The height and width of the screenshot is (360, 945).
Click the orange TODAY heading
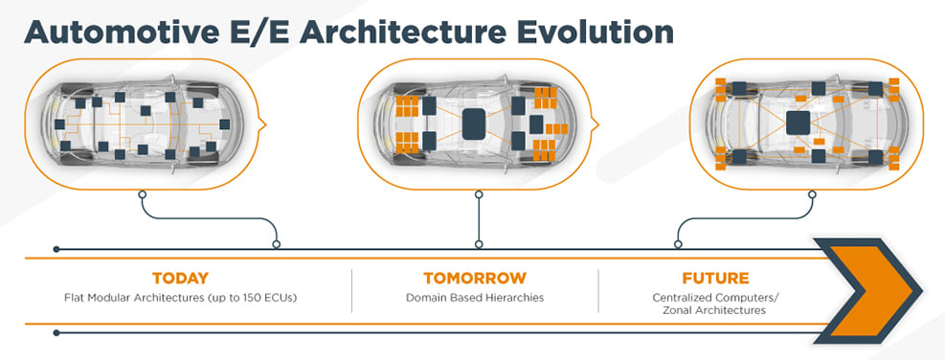point(180,278)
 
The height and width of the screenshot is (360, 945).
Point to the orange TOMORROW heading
point(474,278)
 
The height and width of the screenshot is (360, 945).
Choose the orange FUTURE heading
point(715,278)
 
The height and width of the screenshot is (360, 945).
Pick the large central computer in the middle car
point(473,124)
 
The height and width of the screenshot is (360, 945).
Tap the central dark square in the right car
point(798,123)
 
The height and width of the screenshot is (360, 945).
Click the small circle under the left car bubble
point(143,194)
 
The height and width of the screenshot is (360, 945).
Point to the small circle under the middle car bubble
point(479,194)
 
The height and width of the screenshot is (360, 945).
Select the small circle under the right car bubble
point(812,194)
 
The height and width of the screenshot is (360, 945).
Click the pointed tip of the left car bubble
point(265,124)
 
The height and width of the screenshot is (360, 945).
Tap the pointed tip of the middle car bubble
point(597,124)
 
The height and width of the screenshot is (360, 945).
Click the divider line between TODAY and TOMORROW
point(352,291)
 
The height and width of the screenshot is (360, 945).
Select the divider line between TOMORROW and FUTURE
point(598,291)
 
